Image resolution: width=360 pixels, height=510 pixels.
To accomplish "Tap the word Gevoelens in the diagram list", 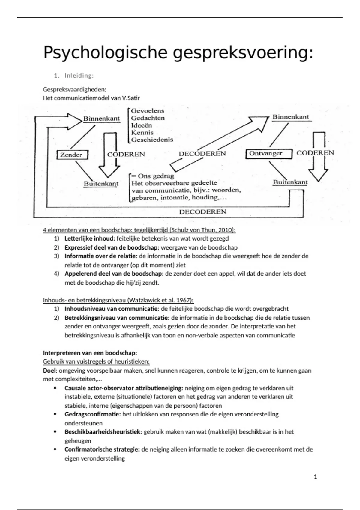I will pyautogui.click(x=147, y=111).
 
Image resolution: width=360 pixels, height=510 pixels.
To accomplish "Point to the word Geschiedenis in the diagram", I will pyautogui.click(x=152, y=139).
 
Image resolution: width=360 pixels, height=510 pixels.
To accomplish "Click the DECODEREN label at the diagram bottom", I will pyautogui.click(x=202, y=212).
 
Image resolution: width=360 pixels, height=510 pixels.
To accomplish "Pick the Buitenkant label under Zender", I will pyautogui.click(x=101, y=184).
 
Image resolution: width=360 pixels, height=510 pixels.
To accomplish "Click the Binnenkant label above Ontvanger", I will pyautogui.click(x=290, y=117).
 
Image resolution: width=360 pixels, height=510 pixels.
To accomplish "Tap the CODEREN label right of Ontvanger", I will pyautogui.click(x=315, y=153).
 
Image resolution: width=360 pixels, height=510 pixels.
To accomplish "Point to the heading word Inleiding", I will pyautogui.click(x=79, y=76).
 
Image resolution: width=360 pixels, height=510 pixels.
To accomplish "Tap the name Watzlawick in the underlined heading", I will pyautogui.click(x=143, y=300).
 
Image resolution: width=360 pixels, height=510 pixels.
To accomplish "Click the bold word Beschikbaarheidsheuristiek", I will pyautogui.click(x=103, y=432).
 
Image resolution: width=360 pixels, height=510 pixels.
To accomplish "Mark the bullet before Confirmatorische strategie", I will pyautogui.click(x=55, y=449).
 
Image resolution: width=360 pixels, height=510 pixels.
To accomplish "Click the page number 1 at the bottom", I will pyautogui.click(x=315, y=477).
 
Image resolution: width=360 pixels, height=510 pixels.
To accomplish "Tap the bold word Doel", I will pyautogui.click(x=49, y=370).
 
